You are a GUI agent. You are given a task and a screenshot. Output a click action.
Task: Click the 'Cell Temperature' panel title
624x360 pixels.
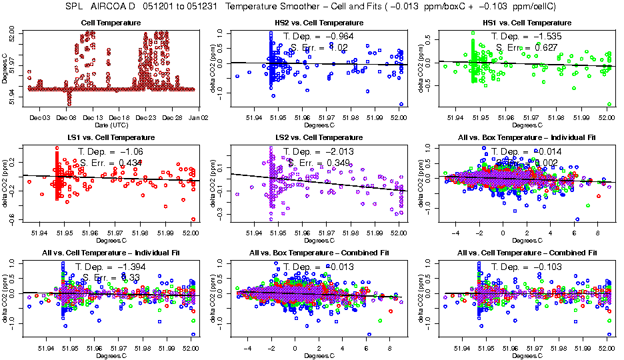coord(111,23)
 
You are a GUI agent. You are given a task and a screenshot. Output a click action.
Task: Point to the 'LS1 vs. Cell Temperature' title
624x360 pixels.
coord(111,138)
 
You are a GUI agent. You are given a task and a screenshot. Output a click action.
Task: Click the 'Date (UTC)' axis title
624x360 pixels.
coord(110,125)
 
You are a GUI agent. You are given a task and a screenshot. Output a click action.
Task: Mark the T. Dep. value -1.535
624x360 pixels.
coord(547,36)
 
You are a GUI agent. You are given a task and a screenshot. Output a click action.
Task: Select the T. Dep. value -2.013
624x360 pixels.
coord(339,151)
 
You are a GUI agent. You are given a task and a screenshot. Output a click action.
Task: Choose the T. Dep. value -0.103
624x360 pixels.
coord(547,267)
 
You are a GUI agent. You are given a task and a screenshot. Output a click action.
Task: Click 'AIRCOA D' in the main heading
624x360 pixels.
coord(111,6)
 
